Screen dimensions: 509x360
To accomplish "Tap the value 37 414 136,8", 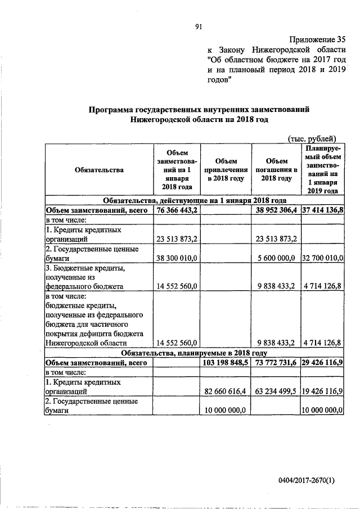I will pos(323,210).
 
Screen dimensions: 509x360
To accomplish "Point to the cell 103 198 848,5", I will pos(224,363).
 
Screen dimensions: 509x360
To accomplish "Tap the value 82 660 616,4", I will pos(224,389).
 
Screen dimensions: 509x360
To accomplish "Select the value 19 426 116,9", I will pos(323,389).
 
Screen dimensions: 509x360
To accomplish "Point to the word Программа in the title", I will pos(112,109).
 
